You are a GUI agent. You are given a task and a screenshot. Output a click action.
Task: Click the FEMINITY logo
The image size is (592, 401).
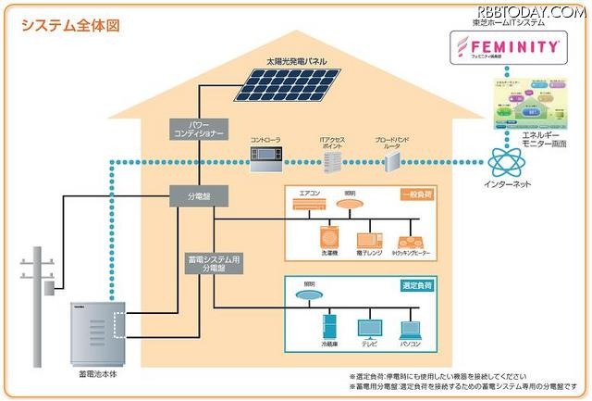pos(504,45)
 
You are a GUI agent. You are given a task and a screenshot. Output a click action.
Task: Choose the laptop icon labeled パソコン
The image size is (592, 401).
pos(413,330)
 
